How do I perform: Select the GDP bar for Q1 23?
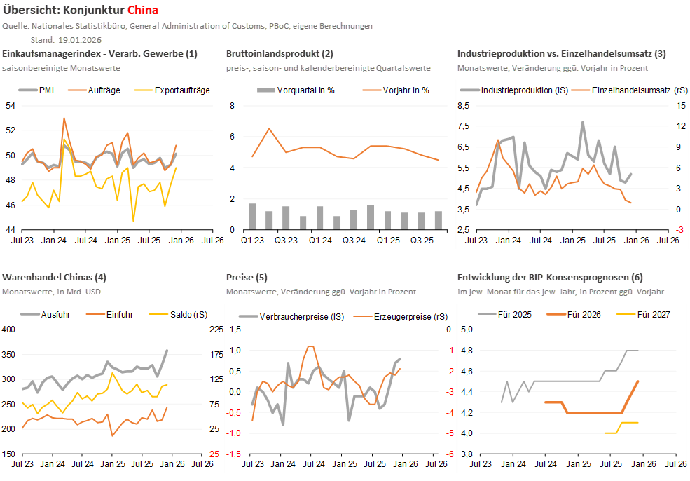252,216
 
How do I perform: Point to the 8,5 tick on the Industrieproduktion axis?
462,105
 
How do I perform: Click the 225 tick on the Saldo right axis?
215,330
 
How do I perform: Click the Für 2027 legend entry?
653,315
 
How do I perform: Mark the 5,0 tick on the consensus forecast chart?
467,330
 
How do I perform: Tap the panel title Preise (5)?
247,278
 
